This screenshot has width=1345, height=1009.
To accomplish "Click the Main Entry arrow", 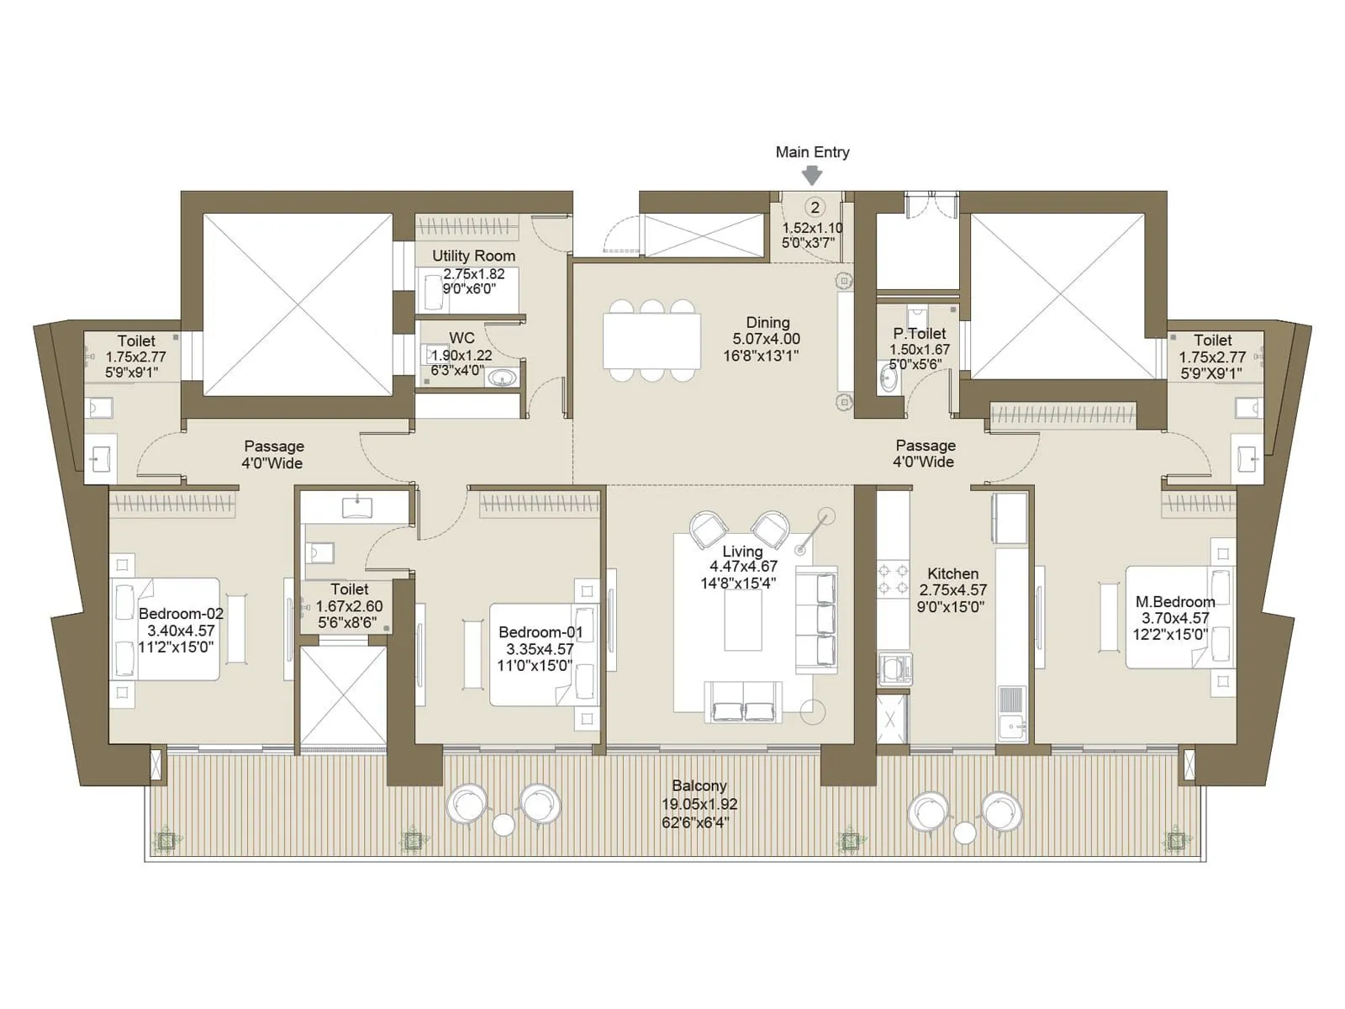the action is (813, 176).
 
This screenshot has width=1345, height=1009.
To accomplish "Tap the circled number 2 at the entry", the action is (815, 208).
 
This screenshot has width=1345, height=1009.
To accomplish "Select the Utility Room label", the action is (473, 256).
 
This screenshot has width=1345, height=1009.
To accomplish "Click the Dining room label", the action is (767, 322).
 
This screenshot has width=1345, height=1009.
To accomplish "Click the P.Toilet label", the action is (919, 333).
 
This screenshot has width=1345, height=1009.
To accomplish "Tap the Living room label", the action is (742, 552).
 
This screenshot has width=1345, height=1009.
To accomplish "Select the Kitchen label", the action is (952, 573).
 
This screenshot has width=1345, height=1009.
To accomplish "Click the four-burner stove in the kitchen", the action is (894, 579).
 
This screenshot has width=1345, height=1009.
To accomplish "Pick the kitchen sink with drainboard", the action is (1011, 713).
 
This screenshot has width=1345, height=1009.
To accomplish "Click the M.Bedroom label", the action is (1175, 601).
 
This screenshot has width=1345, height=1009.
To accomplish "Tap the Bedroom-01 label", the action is (541, 631).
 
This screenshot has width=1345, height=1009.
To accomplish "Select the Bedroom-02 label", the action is (182, 613).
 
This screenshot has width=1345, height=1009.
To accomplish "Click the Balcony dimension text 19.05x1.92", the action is (699, 804).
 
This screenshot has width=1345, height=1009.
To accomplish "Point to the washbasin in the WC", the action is (503, 378).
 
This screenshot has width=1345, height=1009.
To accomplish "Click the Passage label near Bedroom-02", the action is (274, 446).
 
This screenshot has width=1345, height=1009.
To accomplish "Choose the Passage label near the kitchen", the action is (926, 446).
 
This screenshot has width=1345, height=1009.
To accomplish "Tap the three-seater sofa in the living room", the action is (816, 620).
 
